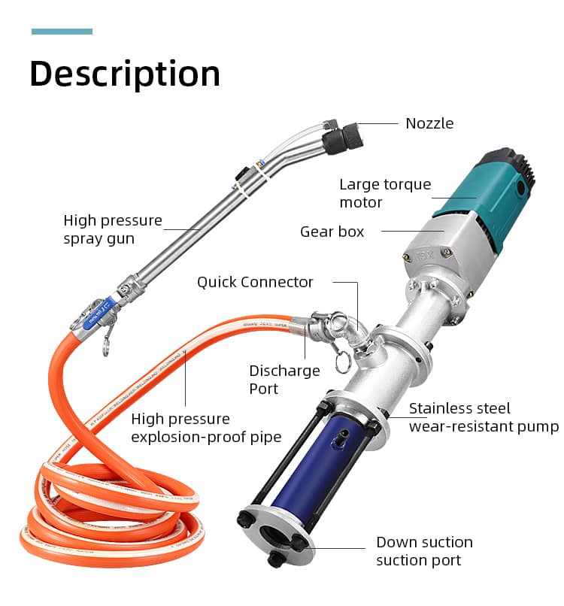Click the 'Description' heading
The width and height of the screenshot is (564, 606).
(x=125, y=74)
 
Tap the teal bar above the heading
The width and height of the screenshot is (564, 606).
(x=62, y=32)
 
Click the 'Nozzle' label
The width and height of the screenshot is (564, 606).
(x=429, y=123)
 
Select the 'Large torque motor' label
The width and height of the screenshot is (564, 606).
(x=385, y=193)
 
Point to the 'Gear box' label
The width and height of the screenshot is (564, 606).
(x=332, y=232)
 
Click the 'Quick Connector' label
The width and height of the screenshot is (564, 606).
(x=255, y=282)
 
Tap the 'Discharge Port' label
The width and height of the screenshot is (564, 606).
(x=284, y=380)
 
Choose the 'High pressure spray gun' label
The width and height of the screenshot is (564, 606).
(x=113, y=229)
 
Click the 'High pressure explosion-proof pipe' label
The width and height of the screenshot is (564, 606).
(x=206, y=428)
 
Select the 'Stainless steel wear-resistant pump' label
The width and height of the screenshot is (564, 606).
(x=484, y=417)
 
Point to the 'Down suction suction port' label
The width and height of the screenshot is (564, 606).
(x=424, y=551)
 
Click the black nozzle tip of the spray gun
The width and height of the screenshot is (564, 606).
(x=343, y=139)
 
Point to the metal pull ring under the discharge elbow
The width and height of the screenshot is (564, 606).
(x=341, y=363)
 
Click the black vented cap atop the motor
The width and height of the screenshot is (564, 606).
(x=511, y=163)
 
